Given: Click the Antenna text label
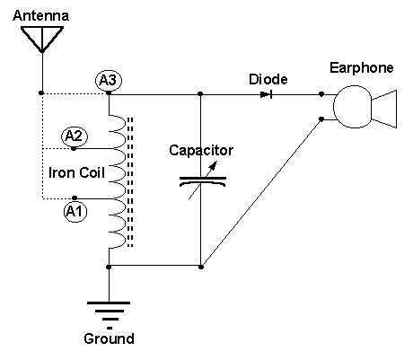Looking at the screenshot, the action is tap(40, 15).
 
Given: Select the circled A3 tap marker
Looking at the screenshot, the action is tap(109, 80).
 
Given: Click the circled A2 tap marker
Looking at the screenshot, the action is tap(75, 136).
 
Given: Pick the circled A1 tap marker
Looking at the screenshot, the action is tap(75, 212).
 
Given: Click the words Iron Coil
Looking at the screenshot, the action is tap(76, 173).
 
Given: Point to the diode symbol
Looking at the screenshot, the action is tap(266, 95).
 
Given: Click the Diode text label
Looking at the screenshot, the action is tap(268, 79).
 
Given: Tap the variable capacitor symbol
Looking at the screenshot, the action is tap(203, 180).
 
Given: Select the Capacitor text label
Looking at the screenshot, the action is tap(201, 150).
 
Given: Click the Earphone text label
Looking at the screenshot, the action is tap(362, 68).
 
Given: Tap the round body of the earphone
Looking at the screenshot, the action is tap(353, 107).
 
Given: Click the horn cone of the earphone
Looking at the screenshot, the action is tap(384, 109).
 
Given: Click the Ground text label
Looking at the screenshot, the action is tap(109, 339).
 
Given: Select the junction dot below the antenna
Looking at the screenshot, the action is tap(41, 93).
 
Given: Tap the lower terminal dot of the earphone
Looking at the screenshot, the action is tap(321, 119).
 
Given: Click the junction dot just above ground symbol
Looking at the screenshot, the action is tap(109, 267).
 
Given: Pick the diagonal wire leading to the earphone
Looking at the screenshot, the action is tap(261, 193).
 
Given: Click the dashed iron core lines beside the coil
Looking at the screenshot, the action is tap(130, 182).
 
